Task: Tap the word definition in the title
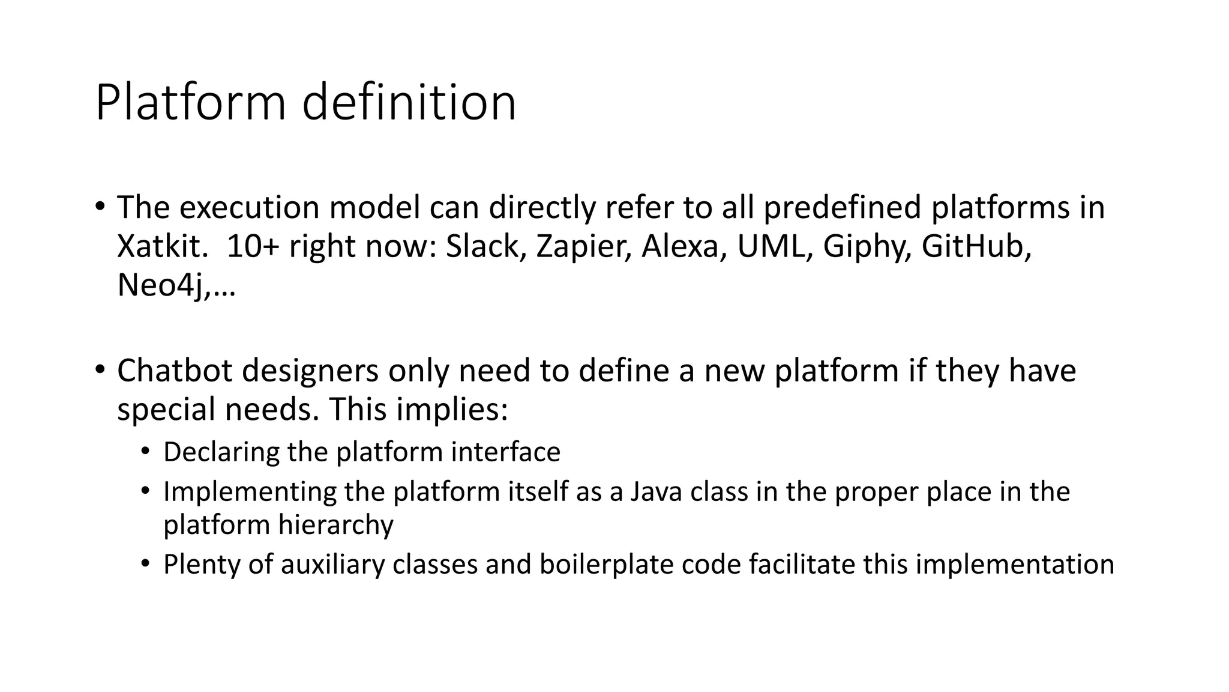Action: coord(409,103)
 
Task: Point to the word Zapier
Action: coord(583,246)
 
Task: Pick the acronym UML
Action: coord(773,246)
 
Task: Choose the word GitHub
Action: coord(976,246)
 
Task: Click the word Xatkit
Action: coord(161,246)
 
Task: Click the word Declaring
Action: coord(221,452)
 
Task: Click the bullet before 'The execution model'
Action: coord(100,205)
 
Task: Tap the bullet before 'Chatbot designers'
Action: coord(100,369)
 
